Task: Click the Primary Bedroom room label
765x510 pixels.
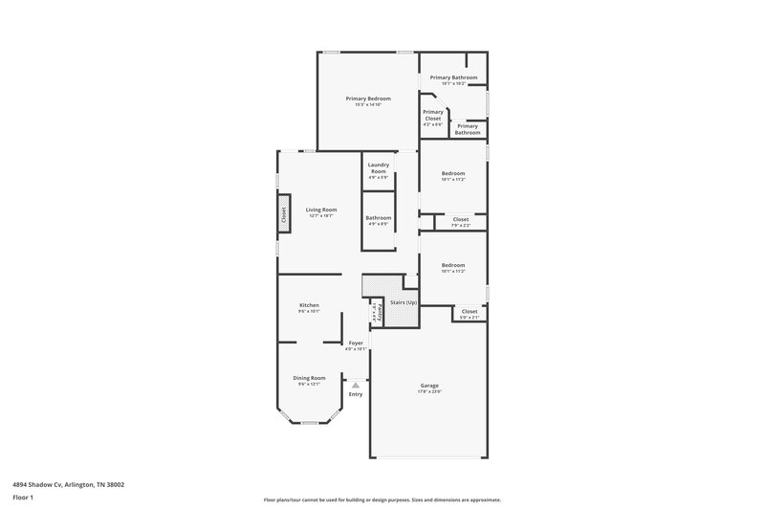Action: [368, 99]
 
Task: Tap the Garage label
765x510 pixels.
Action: [429, 385]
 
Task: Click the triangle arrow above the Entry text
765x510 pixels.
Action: [356, 385]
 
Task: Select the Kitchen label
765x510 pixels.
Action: [308, 304]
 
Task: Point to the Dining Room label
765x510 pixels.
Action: [309, 377]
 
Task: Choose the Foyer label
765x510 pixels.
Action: [356, 343]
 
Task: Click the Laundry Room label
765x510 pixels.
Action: [378, 166]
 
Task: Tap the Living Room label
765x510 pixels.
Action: [321, 210]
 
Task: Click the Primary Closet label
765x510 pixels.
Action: [433, 115]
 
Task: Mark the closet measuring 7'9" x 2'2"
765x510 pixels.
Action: [461, 222]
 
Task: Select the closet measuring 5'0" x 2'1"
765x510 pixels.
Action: [470, 314]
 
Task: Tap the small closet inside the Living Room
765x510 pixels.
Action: [283, 215]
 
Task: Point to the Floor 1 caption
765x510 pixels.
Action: [24, 498]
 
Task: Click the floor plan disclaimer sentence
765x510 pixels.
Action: [382, 499]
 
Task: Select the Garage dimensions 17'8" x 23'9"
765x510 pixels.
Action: [429, 390]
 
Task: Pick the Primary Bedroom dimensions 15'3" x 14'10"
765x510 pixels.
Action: [368, 104]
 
